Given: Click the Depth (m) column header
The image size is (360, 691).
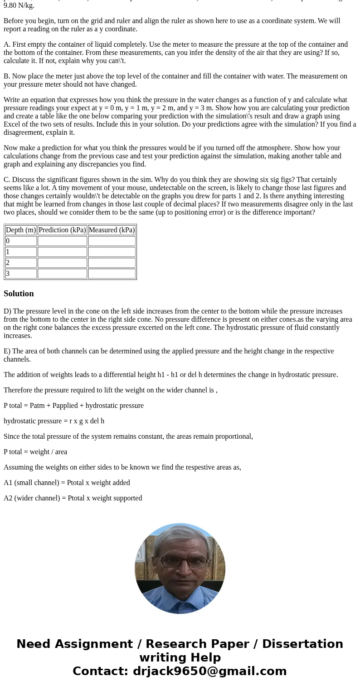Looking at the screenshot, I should point(21,230).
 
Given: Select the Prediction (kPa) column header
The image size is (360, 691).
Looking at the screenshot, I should point(62,230).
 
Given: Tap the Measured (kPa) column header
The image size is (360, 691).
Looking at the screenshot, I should point(112,230).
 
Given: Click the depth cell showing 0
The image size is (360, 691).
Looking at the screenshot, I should point(21,241).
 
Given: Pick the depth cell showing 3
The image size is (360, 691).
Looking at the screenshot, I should point(21,274).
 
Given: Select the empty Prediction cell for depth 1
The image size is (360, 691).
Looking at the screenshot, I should point(62,252).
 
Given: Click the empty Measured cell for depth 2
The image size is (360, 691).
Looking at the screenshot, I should point(112,263).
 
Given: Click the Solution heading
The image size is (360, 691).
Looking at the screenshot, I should point(19,294).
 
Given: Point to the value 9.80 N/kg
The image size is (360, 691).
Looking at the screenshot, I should point(19,5).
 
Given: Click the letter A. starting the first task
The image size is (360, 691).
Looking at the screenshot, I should point(7,44).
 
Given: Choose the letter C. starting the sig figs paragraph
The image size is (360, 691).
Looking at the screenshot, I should point(7,180).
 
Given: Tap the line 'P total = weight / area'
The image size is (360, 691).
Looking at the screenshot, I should point(35,452).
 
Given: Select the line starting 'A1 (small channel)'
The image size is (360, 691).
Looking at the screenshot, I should point(67,483).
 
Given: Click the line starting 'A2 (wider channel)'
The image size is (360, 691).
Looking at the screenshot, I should point(73,498).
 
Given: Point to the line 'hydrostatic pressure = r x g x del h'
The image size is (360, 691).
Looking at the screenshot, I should point(54,421).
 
